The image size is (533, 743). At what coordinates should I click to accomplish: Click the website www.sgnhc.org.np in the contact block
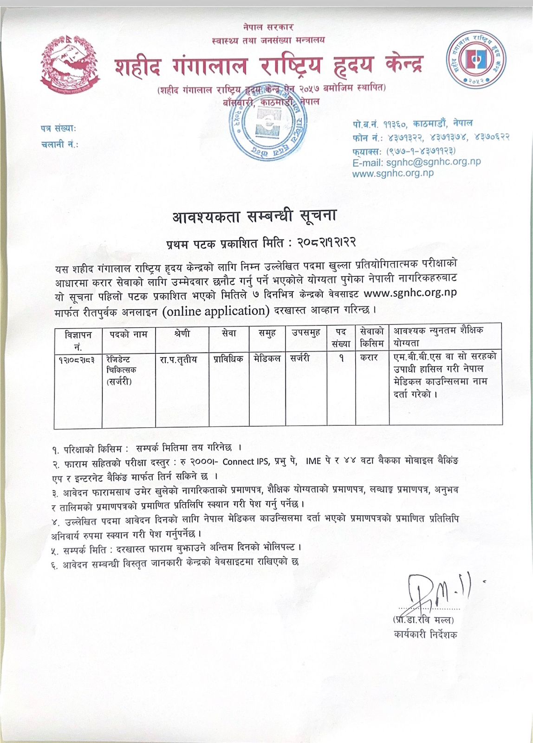393,173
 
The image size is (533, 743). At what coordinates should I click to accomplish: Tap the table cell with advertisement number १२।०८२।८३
78,359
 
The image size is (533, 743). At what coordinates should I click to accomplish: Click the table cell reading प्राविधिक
228,359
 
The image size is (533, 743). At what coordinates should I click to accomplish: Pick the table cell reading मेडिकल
267,358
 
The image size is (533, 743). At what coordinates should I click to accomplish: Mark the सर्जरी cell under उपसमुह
300,358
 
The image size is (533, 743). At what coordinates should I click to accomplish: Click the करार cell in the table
369,358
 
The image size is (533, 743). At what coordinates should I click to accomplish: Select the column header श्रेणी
182,334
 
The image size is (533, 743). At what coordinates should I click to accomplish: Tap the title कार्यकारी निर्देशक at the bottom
425,634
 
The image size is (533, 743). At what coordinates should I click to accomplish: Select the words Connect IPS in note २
245,462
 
